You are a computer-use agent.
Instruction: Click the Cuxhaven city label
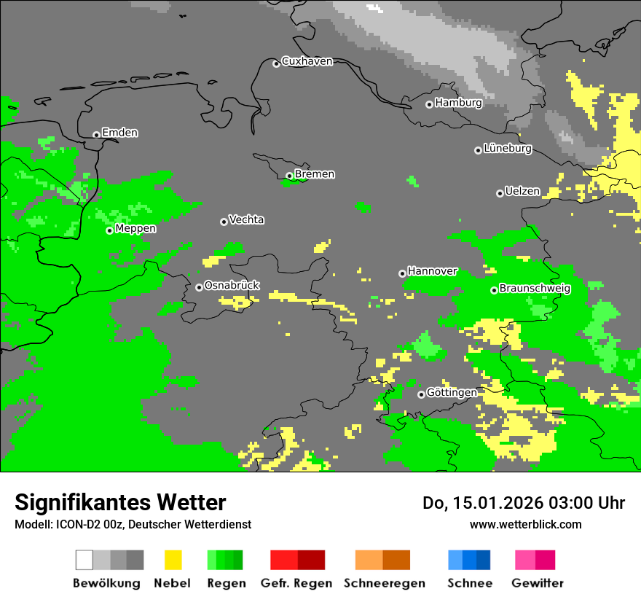pyautogui.click(x=307, y=61)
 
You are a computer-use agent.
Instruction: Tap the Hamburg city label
pyautogui.click(x=458, y=103)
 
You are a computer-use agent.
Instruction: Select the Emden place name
pyautogui.click(x=119, y=133)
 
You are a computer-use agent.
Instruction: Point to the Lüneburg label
pyautogui.click(x=507, y=148)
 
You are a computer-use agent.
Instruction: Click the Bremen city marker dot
pyautogui.click(x=289, y=176)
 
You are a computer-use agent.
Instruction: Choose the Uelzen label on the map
pyautogui.click(x=522, y=191)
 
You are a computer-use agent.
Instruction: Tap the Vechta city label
pyautogui.click(x=246, y=219)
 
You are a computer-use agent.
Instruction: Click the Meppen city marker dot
pyautogui.click(x=109, y=230)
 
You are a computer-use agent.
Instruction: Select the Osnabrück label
pyautogui.click(x=232, y=286)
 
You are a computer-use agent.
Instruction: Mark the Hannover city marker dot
pyautogui.click(x=402, y=274)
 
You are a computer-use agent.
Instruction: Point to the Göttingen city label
pyautogui.click(x=452, y=393)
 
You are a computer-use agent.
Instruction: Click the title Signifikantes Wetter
pyautogui.click(x=120, y=502)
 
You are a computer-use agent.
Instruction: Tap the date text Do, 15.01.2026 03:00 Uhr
pyautogui.click(x=524, y=503)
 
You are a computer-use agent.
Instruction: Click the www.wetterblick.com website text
pyautogui.click(x=525, y=524)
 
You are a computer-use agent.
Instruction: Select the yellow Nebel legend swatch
pyautogui.click(x=173, y=560)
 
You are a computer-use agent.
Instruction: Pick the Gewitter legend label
pyautogui.click(x=537, y=583)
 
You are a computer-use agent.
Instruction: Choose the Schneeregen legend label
pyautogui.click(x=384, y=583)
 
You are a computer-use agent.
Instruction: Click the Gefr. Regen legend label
pyautogui.click(x=296, y=583)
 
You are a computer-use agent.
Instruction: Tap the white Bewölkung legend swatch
pyautogui.click(x=84, y=560)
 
